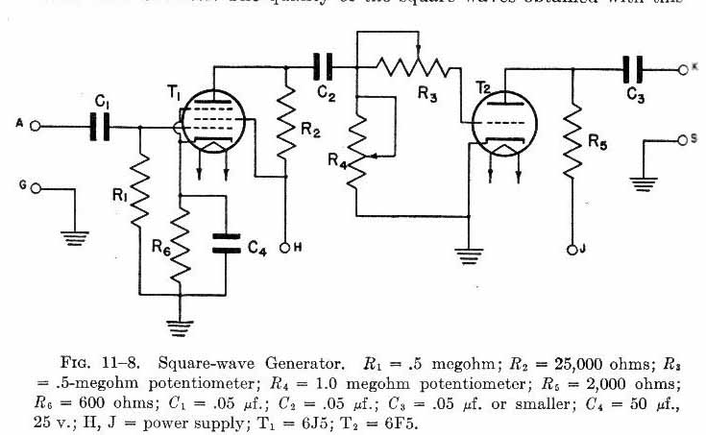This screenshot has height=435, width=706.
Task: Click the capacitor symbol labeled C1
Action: (99, 125)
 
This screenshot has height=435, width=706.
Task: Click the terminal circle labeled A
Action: (35, 126)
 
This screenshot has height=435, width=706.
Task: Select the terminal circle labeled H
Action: (285, 248)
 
